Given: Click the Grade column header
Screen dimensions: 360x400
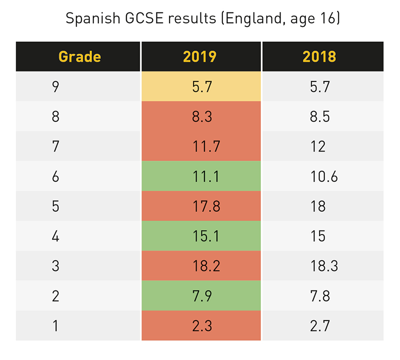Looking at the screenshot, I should (79, 56).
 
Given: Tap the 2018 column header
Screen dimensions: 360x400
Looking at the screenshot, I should (320, 56).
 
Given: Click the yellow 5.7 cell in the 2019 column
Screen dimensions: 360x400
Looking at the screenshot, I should (201, 87).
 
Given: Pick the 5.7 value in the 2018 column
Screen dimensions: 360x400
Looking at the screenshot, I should (320, 87).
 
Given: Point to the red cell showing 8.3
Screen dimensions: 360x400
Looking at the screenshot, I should (201, 116).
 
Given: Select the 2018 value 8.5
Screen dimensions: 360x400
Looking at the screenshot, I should (320, 116).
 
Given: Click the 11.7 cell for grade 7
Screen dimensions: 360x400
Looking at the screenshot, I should (201, 146).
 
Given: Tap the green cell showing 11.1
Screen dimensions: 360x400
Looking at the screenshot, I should (201, 176).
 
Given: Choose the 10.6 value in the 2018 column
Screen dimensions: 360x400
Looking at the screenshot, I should (323, 176).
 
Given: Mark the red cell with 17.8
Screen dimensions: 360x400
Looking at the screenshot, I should (201, 206).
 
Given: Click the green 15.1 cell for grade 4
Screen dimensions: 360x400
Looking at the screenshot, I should (201, 235).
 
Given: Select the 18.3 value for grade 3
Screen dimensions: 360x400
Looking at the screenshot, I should (323, 265).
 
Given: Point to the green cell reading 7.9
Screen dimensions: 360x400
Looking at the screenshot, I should (201, 295).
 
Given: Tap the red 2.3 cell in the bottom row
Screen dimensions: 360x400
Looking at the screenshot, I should (201, 325).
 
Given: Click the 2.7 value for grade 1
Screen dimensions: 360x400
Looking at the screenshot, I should (320, 325).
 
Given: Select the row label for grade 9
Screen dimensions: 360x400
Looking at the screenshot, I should (55, 87).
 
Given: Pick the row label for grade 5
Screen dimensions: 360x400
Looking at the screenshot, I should (55, 206).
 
